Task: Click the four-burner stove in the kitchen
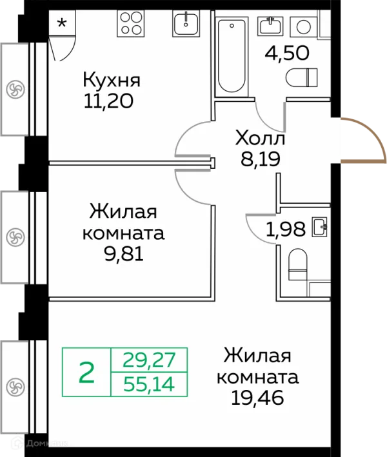132,25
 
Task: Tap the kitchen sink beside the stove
188,25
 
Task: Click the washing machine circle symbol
304,26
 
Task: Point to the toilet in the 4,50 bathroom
303,77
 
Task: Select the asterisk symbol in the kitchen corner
62,24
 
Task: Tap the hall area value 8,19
260,159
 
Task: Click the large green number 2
86,373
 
